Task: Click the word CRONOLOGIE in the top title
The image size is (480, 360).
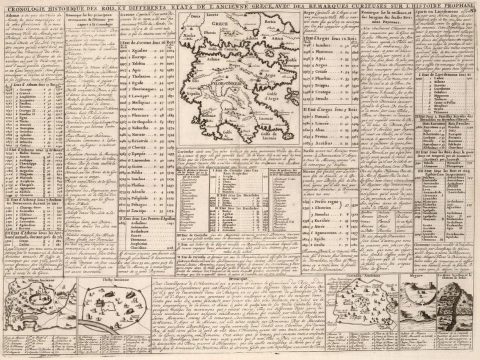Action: click(22, 13)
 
